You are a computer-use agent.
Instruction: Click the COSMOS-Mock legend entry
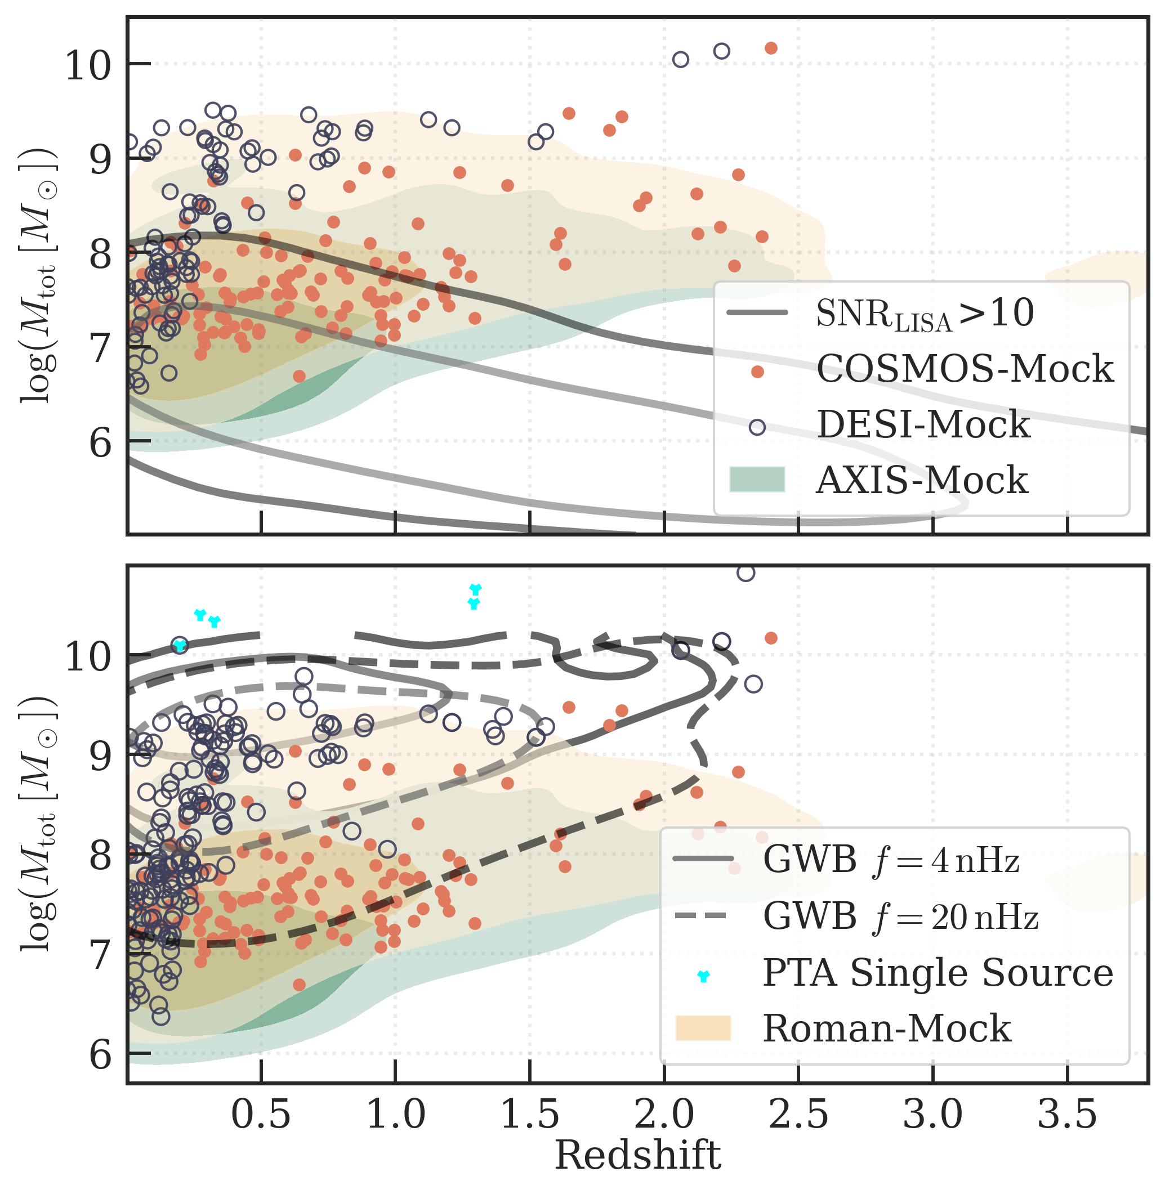point(965,369)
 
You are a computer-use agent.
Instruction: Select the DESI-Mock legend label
point(923,424)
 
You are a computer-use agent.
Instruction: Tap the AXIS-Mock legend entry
point(922,480)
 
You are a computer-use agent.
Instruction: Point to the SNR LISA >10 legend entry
point(925,314)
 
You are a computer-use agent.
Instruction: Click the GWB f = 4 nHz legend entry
point(891,860)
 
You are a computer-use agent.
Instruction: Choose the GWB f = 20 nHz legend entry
point(900,916)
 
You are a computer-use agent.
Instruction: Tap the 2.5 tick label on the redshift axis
point(798,1114)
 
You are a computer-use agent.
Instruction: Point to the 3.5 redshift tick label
point(1067,1114)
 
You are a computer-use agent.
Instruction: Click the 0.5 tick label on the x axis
point(261,1114)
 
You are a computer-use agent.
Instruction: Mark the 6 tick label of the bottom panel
point(100,1054)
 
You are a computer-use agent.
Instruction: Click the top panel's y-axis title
point(38,275)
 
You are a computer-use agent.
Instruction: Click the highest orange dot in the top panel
point(771,48)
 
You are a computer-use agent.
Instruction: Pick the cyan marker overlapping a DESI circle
point(179,645)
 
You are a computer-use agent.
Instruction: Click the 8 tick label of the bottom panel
point(100,855)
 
